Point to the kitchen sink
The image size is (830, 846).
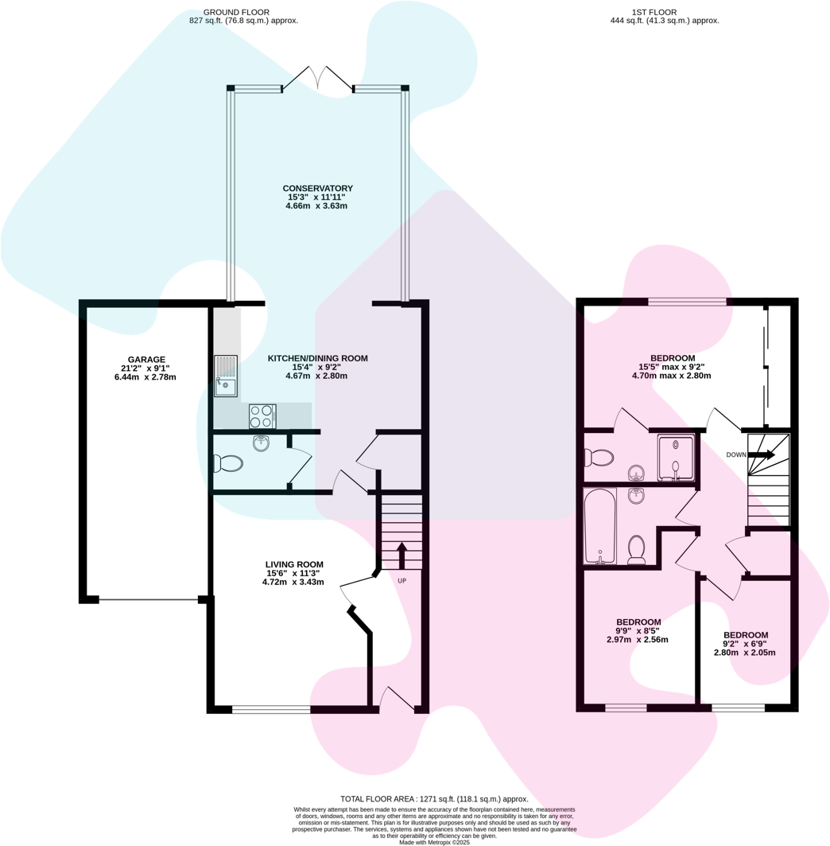[x=225, y=376]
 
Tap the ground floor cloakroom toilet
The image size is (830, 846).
[x=228, y=462]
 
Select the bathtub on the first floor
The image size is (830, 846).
[x=599, y=526]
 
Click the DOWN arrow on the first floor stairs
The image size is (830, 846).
[x=761, y=454]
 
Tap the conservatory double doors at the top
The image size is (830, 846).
[x=317, y=78]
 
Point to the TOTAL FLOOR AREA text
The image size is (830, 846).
[x=433, y=799]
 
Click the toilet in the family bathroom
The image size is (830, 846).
[x=636, y=548]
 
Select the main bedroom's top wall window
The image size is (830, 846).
[x=687, y=302]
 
